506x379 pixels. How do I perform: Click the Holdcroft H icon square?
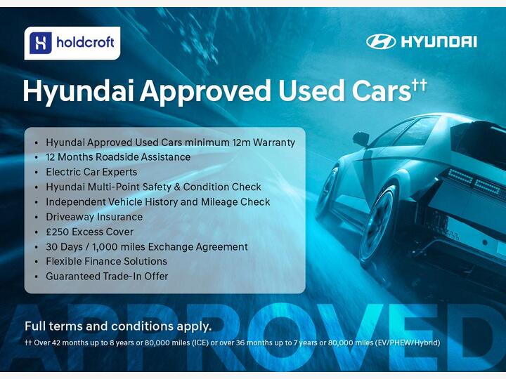coord(41,44)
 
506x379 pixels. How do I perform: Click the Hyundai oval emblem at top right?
coord(381,41)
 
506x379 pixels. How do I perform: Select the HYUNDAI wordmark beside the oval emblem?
coord(439,41)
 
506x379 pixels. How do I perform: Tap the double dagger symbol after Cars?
coord(420,85)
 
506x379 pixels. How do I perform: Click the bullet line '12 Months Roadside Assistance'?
coord(118,157)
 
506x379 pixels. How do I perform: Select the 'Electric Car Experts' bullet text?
coord(91,172)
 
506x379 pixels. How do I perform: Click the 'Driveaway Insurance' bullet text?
coord(94,217)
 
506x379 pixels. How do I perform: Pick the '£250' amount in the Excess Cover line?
coord(58,232)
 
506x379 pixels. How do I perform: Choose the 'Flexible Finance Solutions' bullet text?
coord(106,261)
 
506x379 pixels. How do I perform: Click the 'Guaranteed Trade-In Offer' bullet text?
coord(107,277)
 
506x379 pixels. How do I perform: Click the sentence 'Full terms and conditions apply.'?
coord(118,326)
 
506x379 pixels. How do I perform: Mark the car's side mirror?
coord(361,138)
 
